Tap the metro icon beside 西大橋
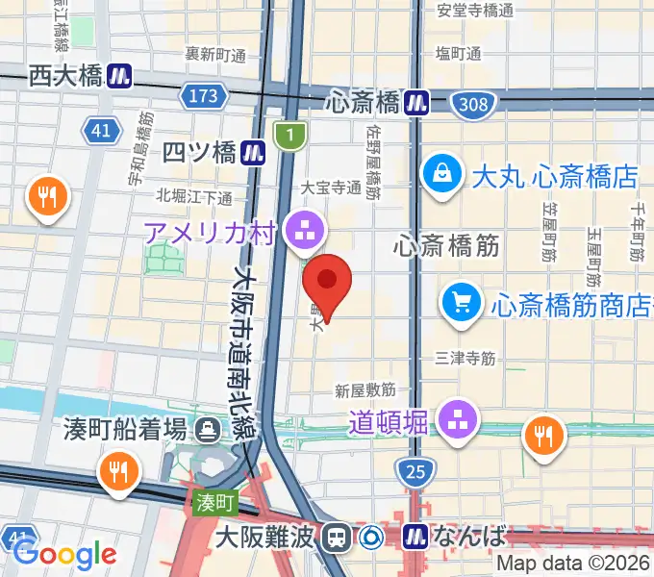[x=120, y=74]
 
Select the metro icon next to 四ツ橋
[x=253, y=151]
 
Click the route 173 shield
[x=203, y=96]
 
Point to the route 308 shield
[x=473, y=104]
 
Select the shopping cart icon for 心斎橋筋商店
[x=462, y=303]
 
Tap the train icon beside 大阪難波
[x=337, y=537]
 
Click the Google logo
[x=65, y=554]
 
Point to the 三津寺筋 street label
[x=465, y=358]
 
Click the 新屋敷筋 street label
[x=365, y=390]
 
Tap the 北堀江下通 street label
[x=194, y=197]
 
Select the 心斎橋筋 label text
[x=446, y=246]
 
